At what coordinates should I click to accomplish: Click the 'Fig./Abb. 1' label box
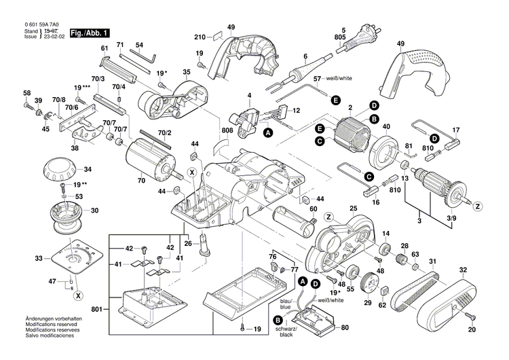[90, 33]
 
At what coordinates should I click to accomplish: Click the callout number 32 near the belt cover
[463, 270]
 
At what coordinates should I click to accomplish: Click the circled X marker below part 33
[79, 296]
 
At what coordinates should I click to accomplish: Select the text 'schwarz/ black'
[284, 331]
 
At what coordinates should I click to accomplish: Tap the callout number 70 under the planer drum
[142, 181]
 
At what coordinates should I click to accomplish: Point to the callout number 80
[345, 328]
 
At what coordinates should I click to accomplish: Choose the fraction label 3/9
[451, 217]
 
